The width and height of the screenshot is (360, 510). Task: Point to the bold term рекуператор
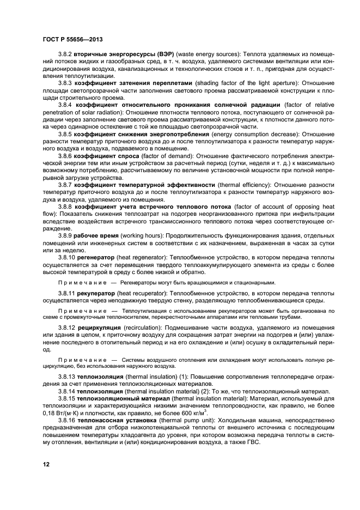coord(97,293)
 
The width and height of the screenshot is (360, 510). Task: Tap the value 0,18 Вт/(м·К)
coord(62,412)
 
